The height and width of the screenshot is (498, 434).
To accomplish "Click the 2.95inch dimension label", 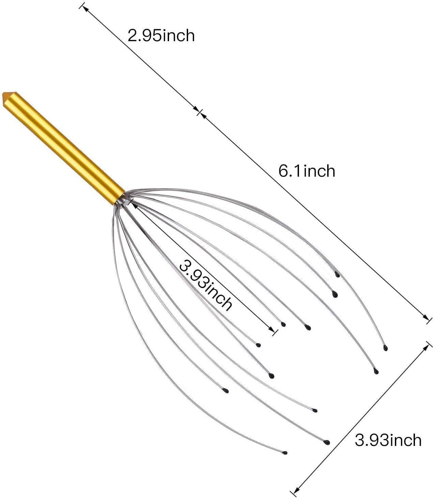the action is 161,36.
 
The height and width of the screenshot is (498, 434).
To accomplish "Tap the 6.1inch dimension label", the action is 306,171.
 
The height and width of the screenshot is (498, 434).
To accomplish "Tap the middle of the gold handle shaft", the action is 64,148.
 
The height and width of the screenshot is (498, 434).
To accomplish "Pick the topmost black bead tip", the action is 337,274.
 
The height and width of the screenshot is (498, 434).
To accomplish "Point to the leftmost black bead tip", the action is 226,392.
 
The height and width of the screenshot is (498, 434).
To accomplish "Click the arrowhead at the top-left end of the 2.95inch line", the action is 84,8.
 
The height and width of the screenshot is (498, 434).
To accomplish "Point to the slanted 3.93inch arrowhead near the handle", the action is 134,205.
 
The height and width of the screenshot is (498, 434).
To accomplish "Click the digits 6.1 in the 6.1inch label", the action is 289,171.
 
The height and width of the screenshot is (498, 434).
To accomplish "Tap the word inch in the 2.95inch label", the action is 179,36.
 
